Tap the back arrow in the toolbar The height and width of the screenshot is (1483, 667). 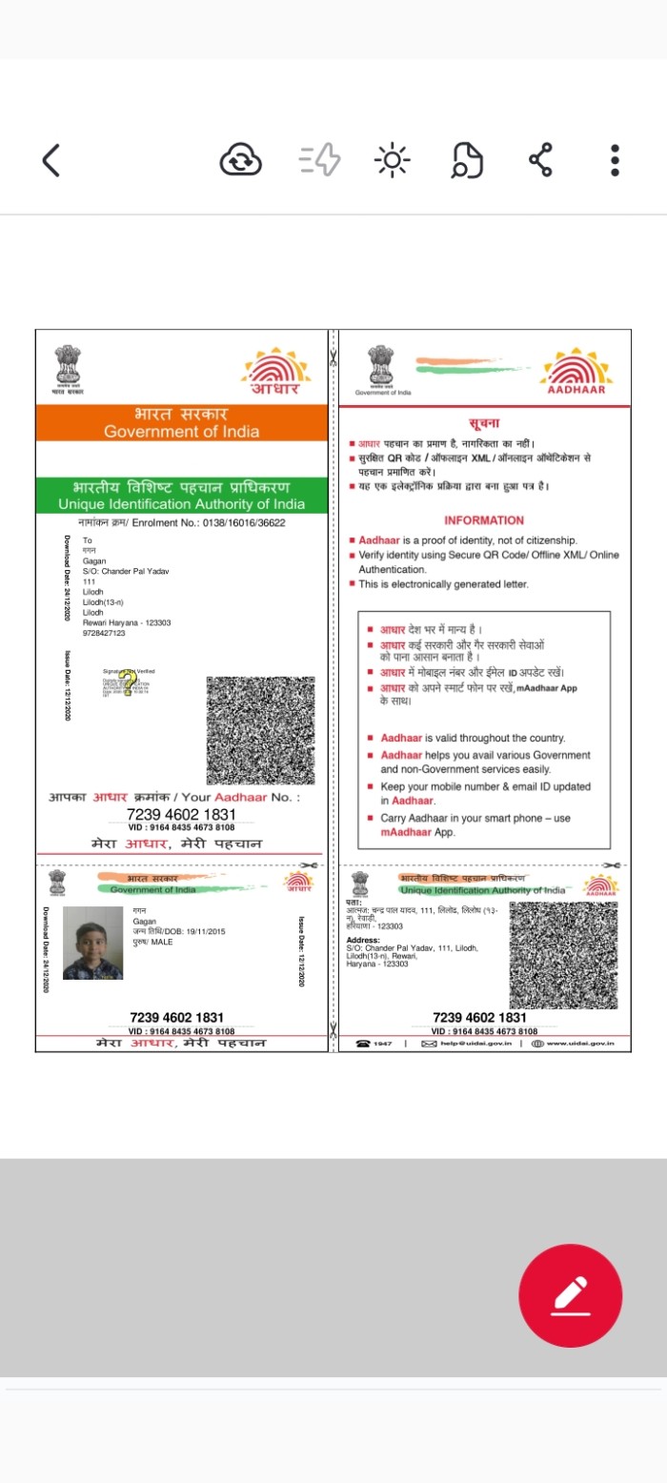(x=51, y=160)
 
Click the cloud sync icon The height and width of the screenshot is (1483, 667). (x=240, y=160)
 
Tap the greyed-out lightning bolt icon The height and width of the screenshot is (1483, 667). (x=320, y=160)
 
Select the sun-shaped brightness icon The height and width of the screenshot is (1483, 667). (x=392, y=160)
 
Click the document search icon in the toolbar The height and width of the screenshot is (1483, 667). (x=467, y=160)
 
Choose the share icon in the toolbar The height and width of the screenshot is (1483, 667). (x=541, y=160)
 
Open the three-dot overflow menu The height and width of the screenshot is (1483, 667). (x=616, y=160)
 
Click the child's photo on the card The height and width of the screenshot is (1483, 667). (x=92, y=943)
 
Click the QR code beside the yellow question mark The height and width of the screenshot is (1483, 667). (x=259, y=729)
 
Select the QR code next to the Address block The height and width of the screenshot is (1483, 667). (x=562, y=954)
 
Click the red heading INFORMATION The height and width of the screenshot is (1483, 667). (x=484, y=520)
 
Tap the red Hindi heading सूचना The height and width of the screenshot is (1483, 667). (x=484, y=422)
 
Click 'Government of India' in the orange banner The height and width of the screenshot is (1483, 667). (x=181, y=432)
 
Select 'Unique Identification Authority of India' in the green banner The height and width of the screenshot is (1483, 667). (x=181, y=503)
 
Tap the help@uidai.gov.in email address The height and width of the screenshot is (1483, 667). (x=475, y=1044)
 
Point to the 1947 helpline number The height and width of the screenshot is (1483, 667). (x=382, y=1044)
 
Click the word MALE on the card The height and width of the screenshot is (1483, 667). (x=162, y=941)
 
